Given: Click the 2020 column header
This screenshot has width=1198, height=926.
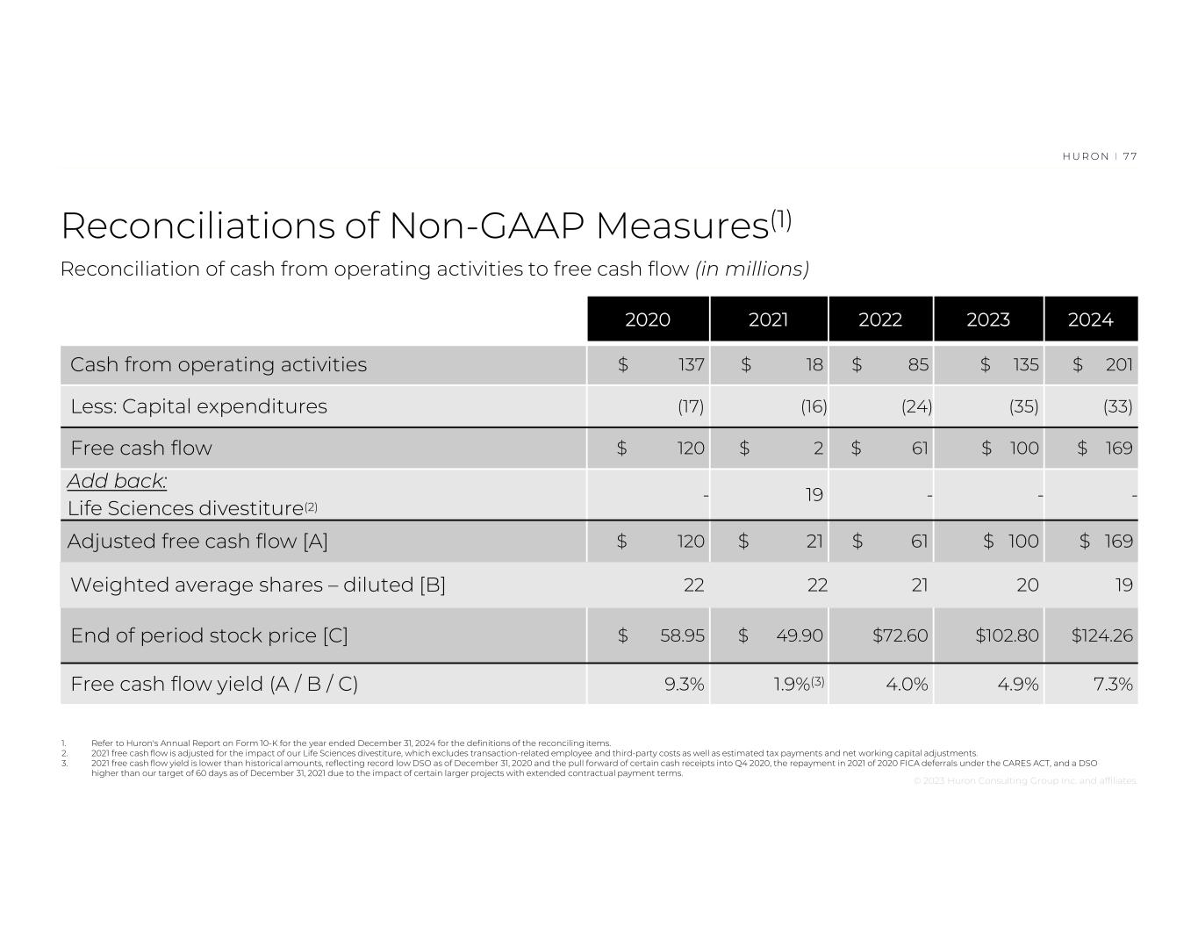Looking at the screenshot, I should [648, 319].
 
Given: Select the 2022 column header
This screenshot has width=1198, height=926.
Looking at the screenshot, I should [880, 319].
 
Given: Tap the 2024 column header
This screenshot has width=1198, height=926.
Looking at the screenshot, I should [1090, 319].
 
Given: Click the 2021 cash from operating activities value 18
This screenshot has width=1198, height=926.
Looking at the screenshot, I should [814, 364].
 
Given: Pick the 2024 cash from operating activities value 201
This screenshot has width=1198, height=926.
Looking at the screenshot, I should [1119, 364].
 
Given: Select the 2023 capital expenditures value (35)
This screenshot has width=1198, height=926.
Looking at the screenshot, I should [1023, 406].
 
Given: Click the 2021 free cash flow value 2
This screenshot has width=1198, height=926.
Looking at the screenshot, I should [818, 449].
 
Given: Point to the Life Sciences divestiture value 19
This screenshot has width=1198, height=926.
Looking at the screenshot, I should [814, 494].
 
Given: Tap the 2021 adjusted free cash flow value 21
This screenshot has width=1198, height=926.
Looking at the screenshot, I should [814, 541].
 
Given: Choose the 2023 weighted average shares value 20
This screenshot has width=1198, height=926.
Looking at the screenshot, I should [1028, 585].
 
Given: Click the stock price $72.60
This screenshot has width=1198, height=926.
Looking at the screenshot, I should [900, 635].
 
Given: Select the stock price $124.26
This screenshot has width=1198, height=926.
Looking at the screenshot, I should [1102, 635].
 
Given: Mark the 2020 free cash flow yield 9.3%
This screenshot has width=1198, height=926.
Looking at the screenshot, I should [685, 684].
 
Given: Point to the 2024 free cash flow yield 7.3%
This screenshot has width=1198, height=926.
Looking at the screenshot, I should [1113, 684].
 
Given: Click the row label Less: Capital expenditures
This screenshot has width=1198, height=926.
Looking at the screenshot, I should [198, 406].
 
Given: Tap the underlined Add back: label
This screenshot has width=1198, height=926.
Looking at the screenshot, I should [117, 481].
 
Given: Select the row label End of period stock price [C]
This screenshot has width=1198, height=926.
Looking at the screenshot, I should [209, 635].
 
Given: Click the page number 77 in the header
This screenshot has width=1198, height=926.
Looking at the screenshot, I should [1130, 156].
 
